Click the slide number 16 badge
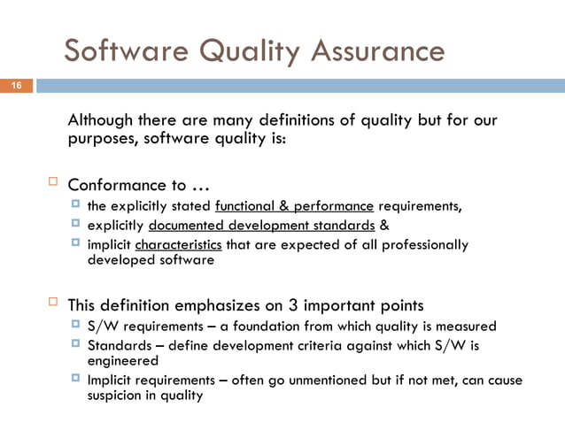(x=16, y=86)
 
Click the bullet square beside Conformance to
(x=50, y=183)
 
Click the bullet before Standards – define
(x=76, y=343)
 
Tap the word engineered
(x=123, y=361)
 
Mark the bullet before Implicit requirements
(x=76, y=380)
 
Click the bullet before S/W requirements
(x=76, y=325)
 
